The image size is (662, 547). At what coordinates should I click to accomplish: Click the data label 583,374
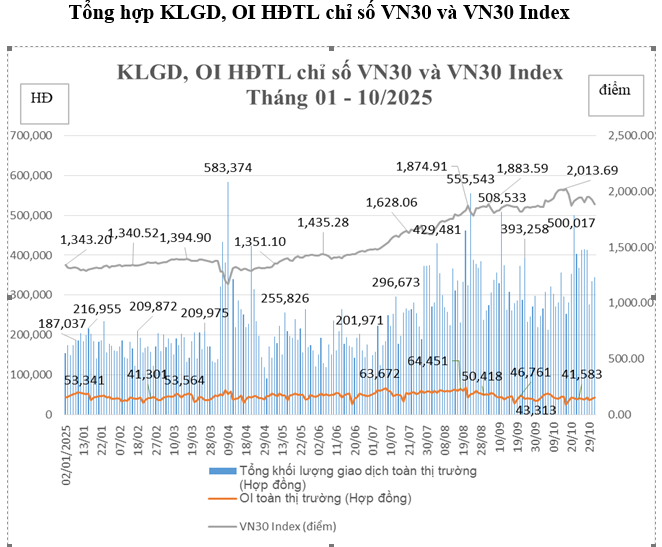point(228,167)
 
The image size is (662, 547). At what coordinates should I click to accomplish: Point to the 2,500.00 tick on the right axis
point(620,134)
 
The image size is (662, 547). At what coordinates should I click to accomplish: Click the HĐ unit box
point(44,97)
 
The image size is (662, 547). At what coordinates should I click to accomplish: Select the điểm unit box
point(614,90)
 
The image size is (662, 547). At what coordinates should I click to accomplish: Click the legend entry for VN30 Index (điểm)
point(287,524)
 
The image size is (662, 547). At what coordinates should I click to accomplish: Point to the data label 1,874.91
point(422,167)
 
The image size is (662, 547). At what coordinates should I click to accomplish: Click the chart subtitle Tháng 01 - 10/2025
point(339,98)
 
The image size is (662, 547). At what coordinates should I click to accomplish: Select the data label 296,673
point(396,283)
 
